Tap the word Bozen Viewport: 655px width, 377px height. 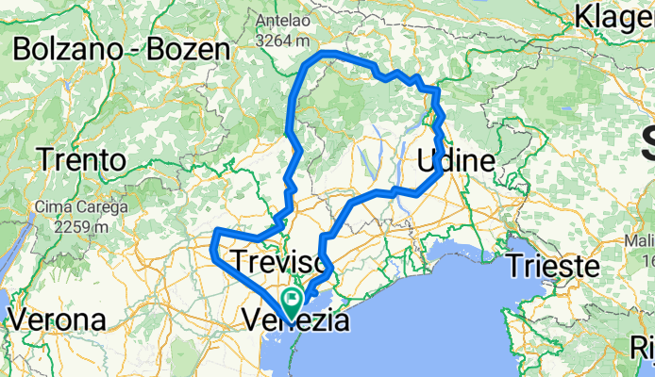tap(189, 49)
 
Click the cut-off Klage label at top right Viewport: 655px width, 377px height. tap(613, 17)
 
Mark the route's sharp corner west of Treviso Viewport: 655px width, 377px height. tap(216, 232)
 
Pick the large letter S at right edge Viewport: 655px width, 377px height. tap(647, 146)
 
